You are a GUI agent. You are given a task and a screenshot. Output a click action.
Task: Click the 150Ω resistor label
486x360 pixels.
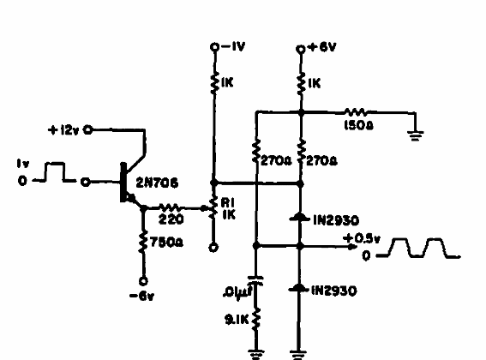(x=357, y=124)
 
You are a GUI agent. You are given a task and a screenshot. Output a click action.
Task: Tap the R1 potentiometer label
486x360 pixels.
(x=229, y=203)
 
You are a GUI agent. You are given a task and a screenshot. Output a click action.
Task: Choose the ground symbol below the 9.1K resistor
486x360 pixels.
(x=255, y=351)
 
